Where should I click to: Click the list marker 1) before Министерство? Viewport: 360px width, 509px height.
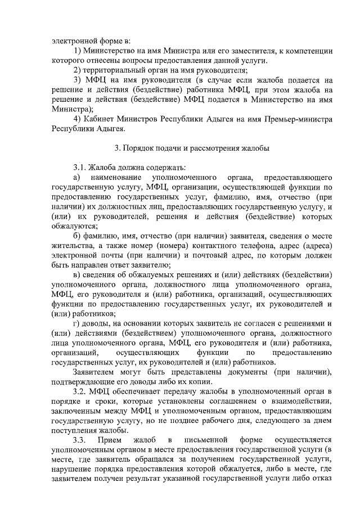78,51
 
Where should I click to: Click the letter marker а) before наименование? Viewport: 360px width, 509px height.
77,177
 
